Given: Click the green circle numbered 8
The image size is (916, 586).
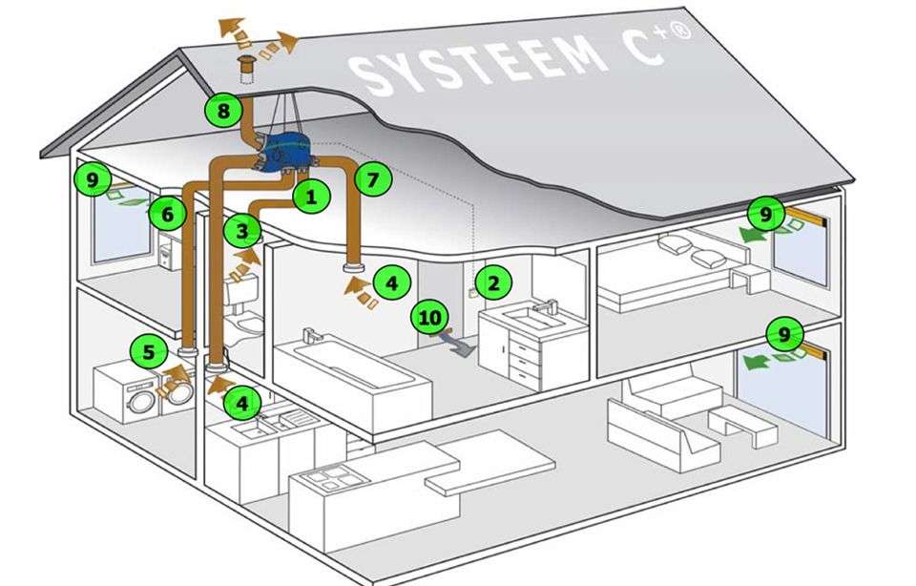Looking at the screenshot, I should point(223,112).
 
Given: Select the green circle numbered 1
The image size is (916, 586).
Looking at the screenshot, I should point(310,199).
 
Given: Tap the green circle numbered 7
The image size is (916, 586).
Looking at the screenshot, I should point(372,178).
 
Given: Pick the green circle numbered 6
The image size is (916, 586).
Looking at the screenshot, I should point(167,215).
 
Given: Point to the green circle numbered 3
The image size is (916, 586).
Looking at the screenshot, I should point(242,230).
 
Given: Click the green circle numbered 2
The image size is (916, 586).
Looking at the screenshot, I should point(493,282).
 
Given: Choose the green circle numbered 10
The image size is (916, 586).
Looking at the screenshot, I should point(429,316).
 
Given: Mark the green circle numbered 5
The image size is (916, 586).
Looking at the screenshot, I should point(148,351).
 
